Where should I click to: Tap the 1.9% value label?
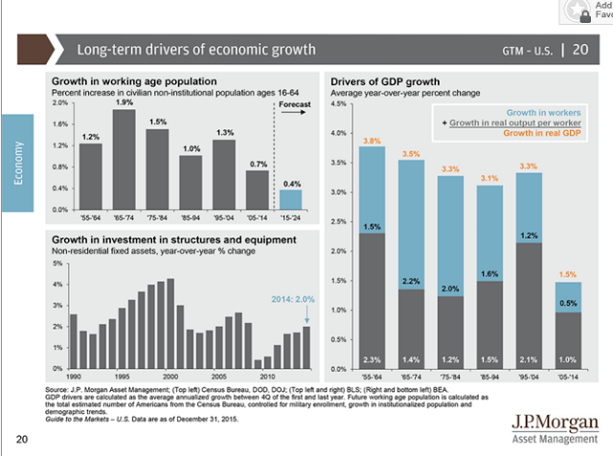click(x=125, y=102)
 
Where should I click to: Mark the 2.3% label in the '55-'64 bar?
click(x=373, y=359)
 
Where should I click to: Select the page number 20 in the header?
click(x=580, y=50)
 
